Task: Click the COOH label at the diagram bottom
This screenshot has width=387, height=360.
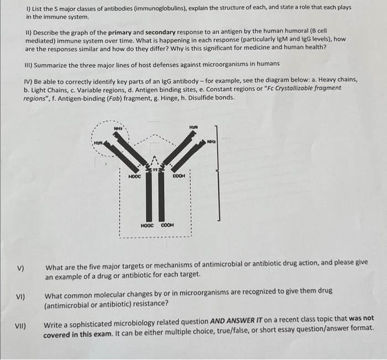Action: click(x=168, y=225)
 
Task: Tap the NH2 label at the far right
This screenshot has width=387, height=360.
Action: click(x=212, y=141)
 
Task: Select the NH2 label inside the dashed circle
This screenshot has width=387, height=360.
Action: click(x=118, y=128)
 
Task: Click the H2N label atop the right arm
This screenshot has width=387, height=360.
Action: click(x=193, y=127)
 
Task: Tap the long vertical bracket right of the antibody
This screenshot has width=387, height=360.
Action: click(x=219, y=171)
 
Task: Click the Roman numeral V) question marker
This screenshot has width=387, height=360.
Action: click(x=20, y=269)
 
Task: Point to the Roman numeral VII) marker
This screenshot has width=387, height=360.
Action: click(x=23, y=326)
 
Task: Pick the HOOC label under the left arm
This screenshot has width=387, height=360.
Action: click(x=135, y=176)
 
